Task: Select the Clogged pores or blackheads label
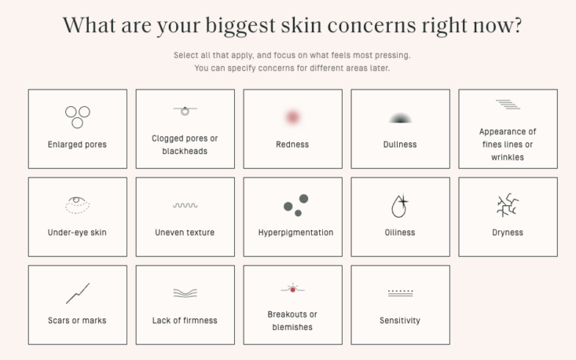185,145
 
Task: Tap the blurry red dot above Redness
292,117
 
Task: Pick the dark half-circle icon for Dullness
400,118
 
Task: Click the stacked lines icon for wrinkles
508,105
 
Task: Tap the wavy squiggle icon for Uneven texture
185,205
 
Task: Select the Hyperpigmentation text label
295,233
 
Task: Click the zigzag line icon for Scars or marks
78,293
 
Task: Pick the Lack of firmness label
185,321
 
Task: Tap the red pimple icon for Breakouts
293,289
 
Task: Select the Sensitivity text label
400,321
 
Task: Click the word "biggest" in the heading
240,26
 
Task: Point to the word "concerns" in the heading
372,25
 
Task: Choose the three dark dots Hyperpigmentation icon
296,205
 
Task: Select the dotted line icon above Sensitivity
401,292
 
